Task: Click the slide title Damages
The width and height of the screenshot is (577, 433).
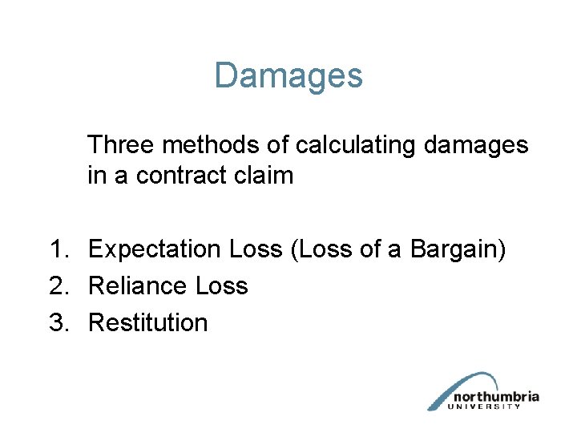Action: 288,76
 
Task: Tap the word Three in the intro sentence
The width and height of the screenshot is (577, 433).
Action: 120,145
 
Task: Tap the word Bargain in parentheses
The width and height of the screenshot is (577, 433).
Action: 458,249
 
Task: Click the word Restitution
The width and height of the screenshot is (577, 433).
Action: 148,323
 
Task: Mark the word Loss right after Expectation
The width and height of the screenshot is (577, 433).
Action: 256,249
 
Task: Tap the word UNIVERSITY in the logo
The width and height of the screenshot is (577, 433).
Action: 491,407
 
